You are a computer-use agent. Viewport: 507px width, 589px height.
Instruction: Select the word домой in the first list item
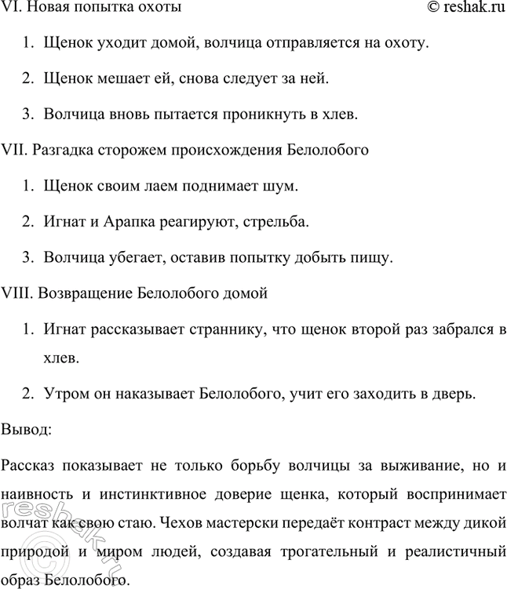click(x=173, y=43)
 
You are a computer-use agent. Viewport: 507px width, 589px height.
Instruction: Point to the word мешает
click(x=122, y=78)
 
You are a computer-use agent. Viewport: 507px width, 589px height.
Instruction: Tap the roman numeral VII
click(x=15, y=149)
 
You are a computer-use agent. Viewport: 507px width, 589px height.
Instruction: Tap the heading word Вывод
click(x=27, y=430)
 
